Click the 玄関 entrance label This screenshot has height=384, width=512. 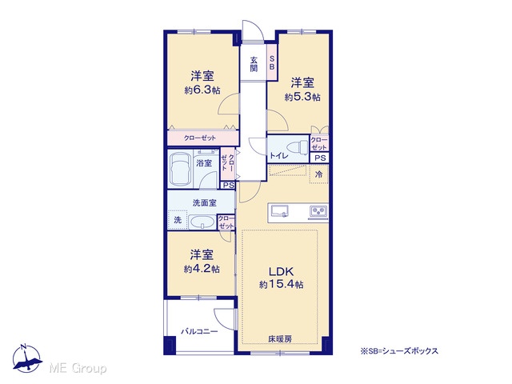coord(254,64)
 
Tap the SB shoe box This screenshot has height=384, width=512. coord(272,62)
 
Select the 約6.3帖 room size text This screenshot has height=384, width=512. coord(202,90)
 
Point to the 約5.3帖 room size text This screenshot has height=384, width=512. coord(302,97)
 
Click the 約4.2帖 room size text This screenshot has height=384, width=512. coord(202,269)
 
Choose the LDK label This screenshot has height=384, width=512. coord(281,271)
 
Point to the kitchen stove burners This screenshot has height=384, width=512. coord(318,211)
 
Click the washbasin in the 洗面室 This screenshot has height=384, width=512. coord(202,222)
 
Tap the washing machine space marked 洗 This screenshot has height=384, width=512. coord(178,220)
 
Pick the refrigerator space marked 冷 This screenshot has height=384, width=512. coord(318,174)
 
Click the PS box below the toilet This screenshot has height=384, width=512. coord(320,158)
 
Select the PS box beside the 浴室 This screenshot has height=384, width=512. coord(228,185)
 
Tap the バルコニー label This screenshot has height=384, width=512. coord(199,332)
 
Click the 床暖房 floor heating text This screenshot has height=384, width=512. coord(280,339)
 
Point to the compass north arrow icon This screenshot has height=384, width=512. coord(26,358)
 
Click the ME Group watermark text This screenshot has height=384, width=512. coord(78,368)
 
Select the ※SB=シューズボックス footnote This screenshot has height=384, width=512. coord(399,351)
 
